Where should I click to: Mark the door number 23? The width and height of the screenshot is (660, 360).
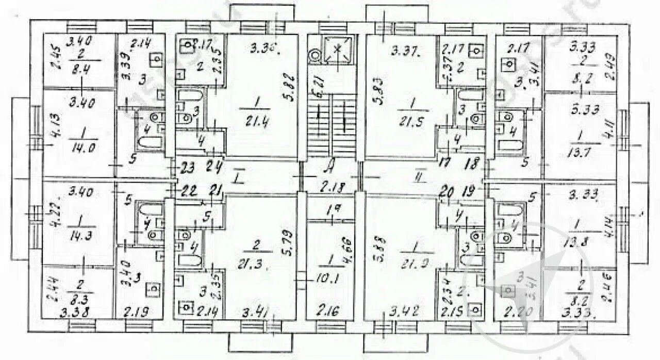188,168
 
